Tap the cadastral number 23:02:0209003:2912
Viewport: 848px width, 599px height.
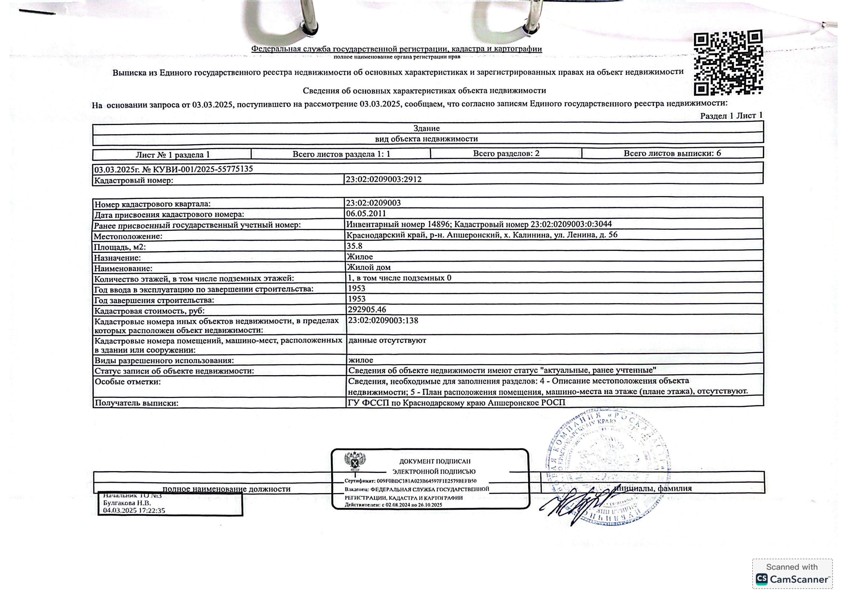point(383,179)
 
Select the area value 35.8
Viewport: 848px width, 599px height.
point(354,246)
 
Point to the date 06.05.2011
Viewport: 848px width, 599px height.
point(366,213)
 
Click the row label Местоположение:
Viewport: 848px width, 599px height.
point(128,236)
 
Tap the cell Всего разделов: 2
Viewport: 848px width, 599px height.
point(506,153)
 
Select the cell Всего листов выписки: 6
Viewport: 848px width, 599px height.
point(672,153)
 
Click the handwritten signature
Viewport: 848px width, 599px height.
point(580,504)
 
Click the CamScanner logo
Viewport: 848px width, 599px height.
point(792,574)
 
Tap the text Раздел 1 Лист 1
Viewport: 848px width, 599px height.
point(731,115)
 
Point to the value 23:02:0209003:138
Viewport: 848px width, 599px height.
point(383,320)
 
